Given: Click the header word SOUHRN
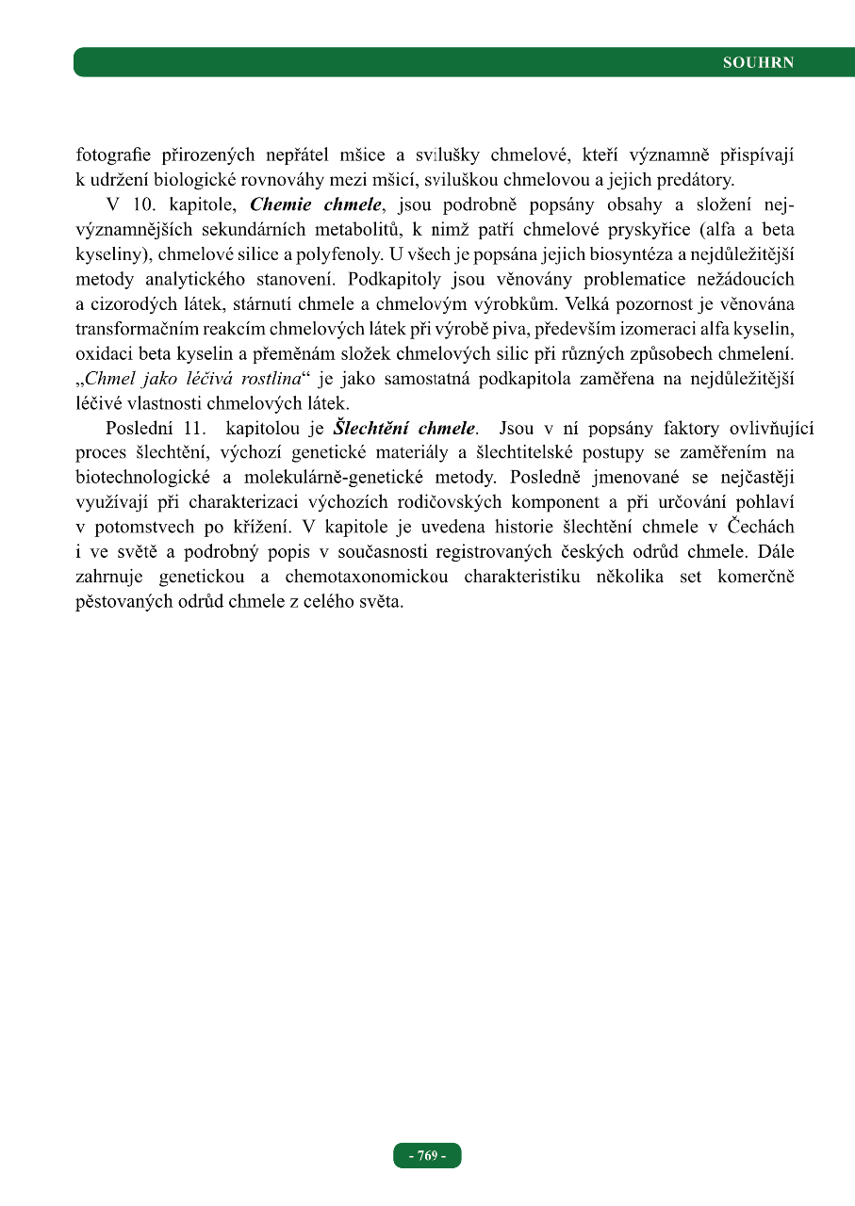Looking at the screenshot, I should [x=758, y=63].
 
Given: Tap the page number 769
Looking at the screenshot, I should [x=427, y=1155].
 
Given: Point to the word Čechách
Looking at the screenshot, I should [x=762, y=526].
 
